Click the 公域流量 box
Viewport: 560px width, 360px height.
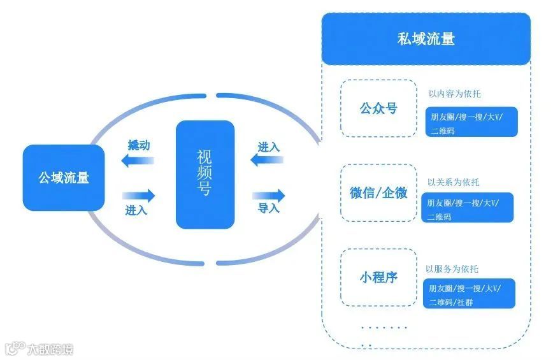64,177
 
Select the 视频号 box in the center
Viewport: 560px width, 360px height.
205,174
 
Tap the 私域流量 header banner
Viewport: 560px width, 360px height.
426,39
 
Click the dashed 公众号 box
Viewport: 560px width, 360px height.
378,108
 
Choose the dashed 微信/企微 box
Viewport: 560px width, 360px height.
378,193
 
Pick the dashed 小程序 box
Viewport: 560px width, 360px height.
378,277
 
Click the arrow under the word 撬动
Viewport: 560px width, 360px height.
138,161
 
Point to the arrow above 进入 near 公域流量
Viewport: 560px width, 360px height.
138,194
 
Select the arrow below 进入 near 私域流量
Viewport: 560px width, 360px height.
267,160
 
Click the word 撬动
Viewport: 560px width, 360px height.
139,145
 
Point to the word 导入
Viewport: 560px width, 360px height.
268,208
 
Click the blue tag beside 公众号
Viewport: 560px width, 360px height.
471,122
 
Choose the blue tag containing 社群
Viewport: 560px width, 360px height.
469,294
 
